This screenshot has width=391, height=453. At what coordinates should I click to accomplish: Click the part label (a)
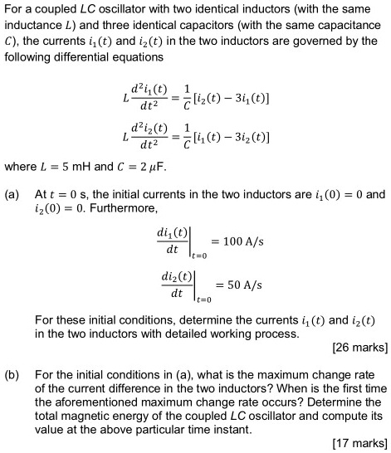tap(12, 195)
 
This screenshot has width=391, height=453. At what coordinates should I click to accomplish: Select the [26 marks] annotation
tap(358, 347)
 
